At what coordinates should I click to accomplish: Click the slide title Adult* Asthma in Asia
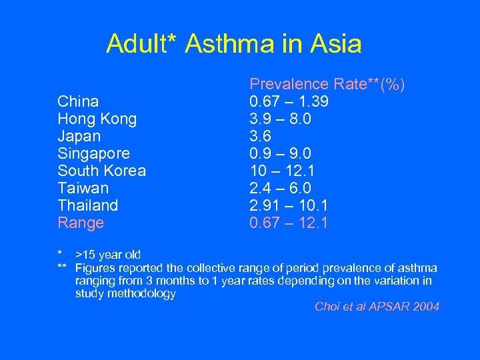pyautogui.click(x=234, y=45)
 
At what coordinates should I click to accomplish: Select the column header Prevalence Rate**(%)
pyautogui.click(x=327, y=84)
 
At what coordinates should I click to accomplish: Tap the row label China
pyautogui.click(x=78, y=101)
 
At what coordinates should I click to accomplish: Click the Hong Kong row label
pyautogui.click(x=97, y=119)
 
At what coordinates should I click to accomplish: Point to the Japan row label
pyautogui.click(x=80, y=136)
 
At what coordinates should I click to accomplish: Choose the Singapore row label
pyautogui.click(x=94, y=153)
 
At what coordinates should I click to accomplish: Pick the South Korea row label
pyautogui.click(x=102, y=171)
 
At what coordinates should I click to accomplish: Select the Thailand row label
pyautogui.click(x=88, y=205)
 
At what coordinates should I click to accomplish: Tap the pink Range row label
pyautogui.click(x=81, y=223)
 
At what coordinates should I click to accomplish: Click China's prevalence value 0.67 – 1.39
pyautogui.click(x=289, y=101)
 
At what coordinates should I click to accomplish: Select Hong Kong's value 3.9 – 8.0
pyautogui.click(x=280, y=119)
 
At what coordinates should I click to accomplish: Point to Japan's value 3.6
pyautogui.click(x=261, y=136)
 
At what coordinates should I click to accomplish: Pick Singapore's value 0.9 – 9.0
pyautogui.click(x=280, y=153)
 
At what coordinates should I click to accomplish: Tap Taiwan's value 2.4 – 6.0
pyautogui.click(x=280, y=188)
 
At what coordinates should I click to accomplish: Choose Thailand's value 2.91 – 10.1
pyautogui.click(x=289, y=205)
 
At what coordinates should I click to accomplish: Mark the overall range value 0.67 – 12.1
pyautogui.click(x=289, y=223)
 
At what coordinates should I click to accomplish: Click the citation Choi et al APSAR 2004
pyautogui.click(x=377, y=307)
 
